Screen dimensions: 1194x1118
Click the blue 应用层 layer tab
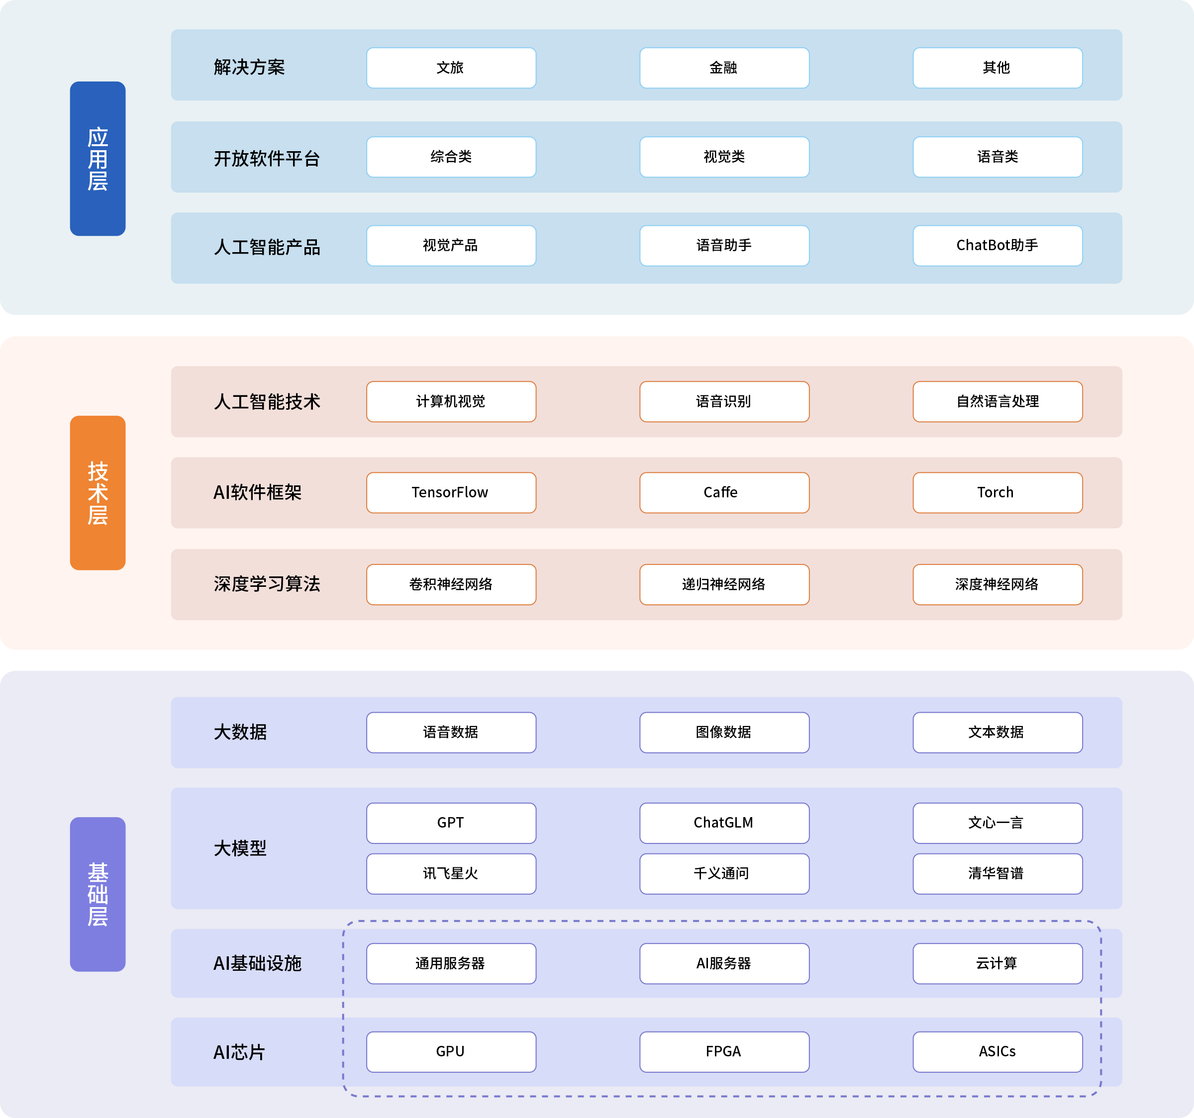98,159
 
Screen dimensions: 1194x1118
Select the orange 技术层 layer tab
98,492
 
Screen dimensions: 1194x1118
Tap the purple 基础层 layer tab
98,894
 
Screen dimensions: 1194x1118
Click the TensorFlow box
451,492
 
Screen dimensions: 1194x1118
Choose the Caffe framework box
724,492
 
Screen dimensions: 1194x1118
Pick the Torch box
997,492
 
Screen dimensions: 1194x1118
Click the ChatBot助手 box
997,246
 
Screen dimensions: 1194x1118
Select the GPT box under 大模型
451,823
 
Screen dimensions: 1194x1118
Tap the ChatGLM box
724,823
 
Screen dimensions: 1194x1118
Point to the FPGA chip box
724,1052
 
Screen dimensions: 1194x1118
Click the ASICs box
997,1052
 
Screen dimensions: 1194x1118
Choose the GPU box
451,1052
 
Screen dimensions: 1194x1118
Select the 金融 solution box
724,68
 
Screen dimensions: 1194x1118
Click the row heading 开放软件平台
267,159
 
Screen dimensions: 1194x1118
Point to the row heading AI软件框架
258,492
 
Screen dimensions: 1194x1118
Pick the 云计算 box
997,964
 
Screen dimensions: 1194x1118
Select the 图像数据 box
724,733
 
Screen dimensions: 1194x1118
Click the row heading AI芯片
239,1052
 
